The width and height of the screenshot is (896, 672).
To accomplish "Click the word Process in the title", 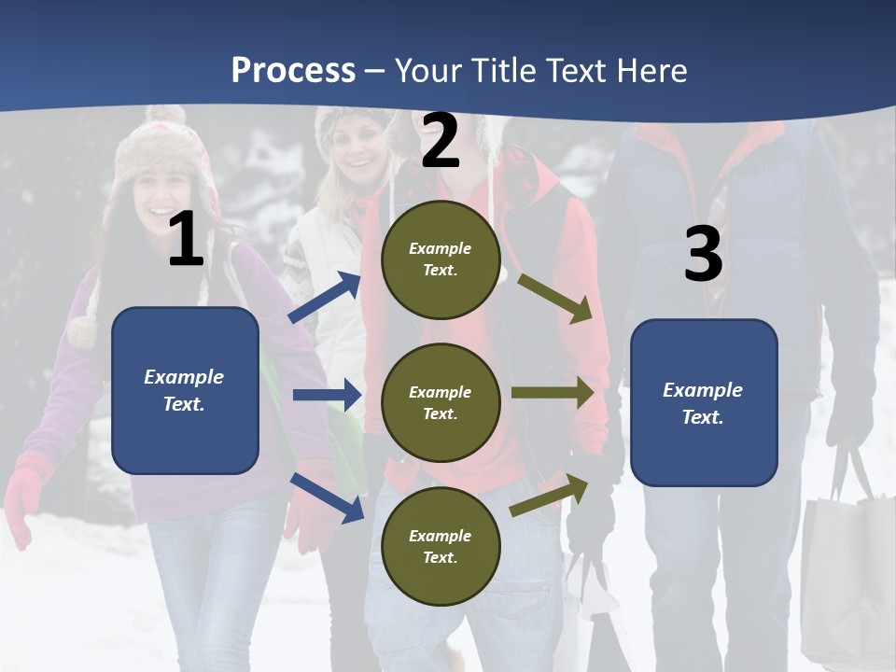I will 293,71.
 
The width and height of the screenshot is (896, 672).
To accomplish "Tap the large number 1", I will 186,240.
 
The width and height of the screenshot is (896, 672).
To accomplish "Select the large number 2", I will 441,141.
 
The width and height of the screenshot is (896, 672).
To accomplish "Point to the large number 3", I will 703,255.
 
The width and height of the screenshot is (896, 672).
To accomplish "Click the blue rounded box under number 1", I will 185,390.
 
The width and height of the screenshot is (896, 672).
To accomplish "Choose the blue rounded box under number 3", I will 704,403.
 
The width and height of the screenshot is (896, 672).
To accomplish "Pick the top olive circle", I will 441,259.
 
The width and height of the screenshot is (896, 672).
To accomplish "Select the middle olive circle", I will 441,403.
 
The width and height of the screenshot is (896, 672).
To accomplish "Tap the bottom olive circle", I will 441,547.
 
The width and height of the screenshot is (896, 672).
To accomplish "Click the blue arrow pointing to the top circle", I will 325,298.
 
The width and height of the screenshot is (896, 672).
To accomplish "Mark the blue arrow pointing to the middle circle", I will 327,395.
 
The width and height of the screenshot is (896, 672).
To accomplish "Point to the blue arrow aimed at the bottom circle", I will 328,497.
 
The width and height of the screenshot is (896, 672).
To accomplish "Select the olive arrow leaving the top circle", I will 555,298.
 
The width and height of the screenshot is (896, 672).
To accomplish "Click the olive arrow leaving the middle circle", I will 553,392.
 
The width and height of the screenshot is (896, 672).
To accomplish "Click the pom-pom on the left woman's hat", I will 83,332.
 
